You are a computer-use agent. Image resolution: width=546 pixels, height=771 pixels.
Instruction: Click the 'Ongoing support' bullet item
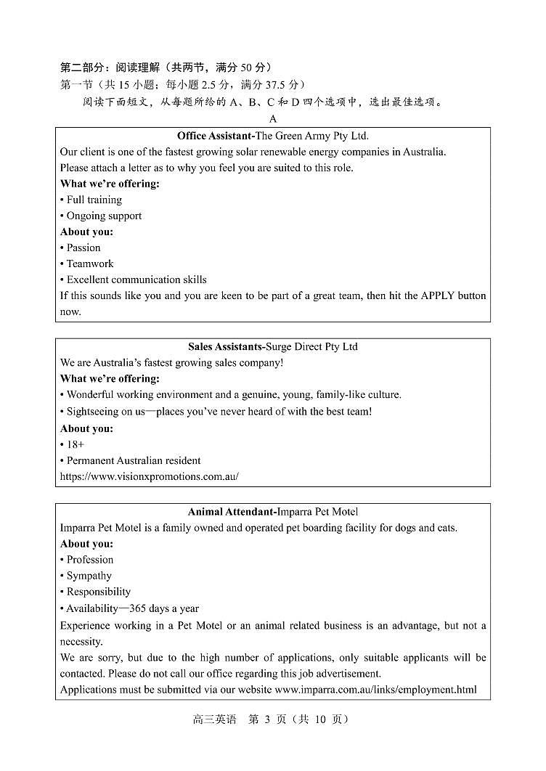pyautogui.click(x=104, y=216)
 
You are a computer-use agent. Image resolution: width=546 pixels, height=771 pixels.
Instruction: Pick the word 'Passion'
pyautogui.click(x=83, y=248)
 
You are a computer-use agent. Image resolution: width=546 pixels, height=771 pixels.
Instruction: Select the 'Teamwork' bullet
pyautogui.click(x=90, y=264)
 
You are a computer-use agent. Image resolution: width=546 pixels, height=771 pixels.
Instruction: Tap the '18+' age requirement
pyautogui.click(x=75, y=444)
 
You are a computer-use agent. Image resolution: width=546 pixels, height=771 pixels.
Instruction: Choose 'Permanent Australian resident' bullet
pyautogui.click(x=134, y=460)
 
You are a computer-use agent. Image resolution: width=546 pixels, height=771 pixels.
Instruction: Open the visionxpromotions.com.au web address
pyautogui.click(x=150, y=477)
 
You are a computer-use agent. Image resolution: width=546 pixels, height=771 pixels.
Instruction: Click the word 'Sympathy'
pyautogui.click(x=89, y=576)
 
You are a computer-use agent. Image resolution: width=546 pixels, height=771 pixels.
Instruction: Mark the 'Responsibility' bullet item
pyautogui.click(x=98, y=592)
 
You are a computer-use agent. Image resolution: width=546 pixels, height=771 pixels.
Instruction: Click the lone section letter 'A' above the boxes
pyautogui.click(x=273, y=119)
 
